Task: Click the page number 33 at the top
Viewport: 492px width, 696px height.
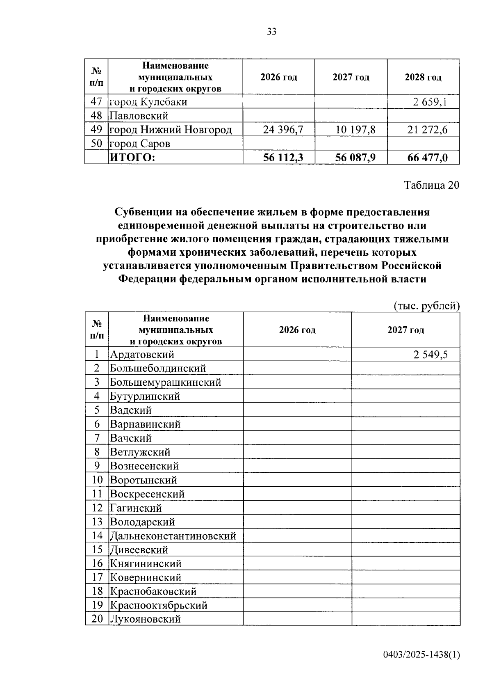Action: tap(271, 32)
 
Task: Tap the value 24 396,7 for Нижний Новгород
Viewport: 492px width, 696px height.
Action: tap(283, 130)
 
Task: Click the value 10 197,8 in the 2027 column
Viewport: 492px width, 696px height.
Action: tap(355, 130)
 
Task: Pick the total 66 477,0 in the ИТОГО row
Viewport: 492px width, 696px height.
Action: tap(427, 158)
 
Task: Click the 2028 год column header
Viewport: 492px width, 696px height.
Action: tap(423, 77)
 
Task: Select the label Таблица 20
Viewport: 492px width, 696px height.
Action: tap(432, 185)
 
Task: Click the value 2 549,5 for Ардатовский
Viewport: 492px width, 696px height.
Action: tap(430, 355)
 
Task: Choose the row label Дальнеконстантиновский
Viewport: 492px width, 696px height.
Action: tap(173, 536)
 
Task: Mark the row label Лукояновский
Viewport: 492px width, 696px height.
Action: tap(145, 619)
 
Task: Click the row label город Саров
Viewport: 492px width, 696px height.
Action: tap(140, 144)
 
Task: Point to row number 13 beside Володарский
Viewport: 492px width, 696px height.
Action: tap(97, 522)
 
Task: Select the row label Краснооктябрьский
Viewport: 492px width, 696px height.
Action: tap(159, 605)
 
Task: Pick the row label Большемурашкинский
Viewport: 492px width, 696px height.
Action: tap(166, 382)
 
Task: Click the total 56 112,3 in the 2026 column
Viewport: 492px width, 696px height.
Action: tap(283, 158)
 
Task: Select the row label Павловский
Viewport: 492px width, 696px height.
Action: tap(139, 116)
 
